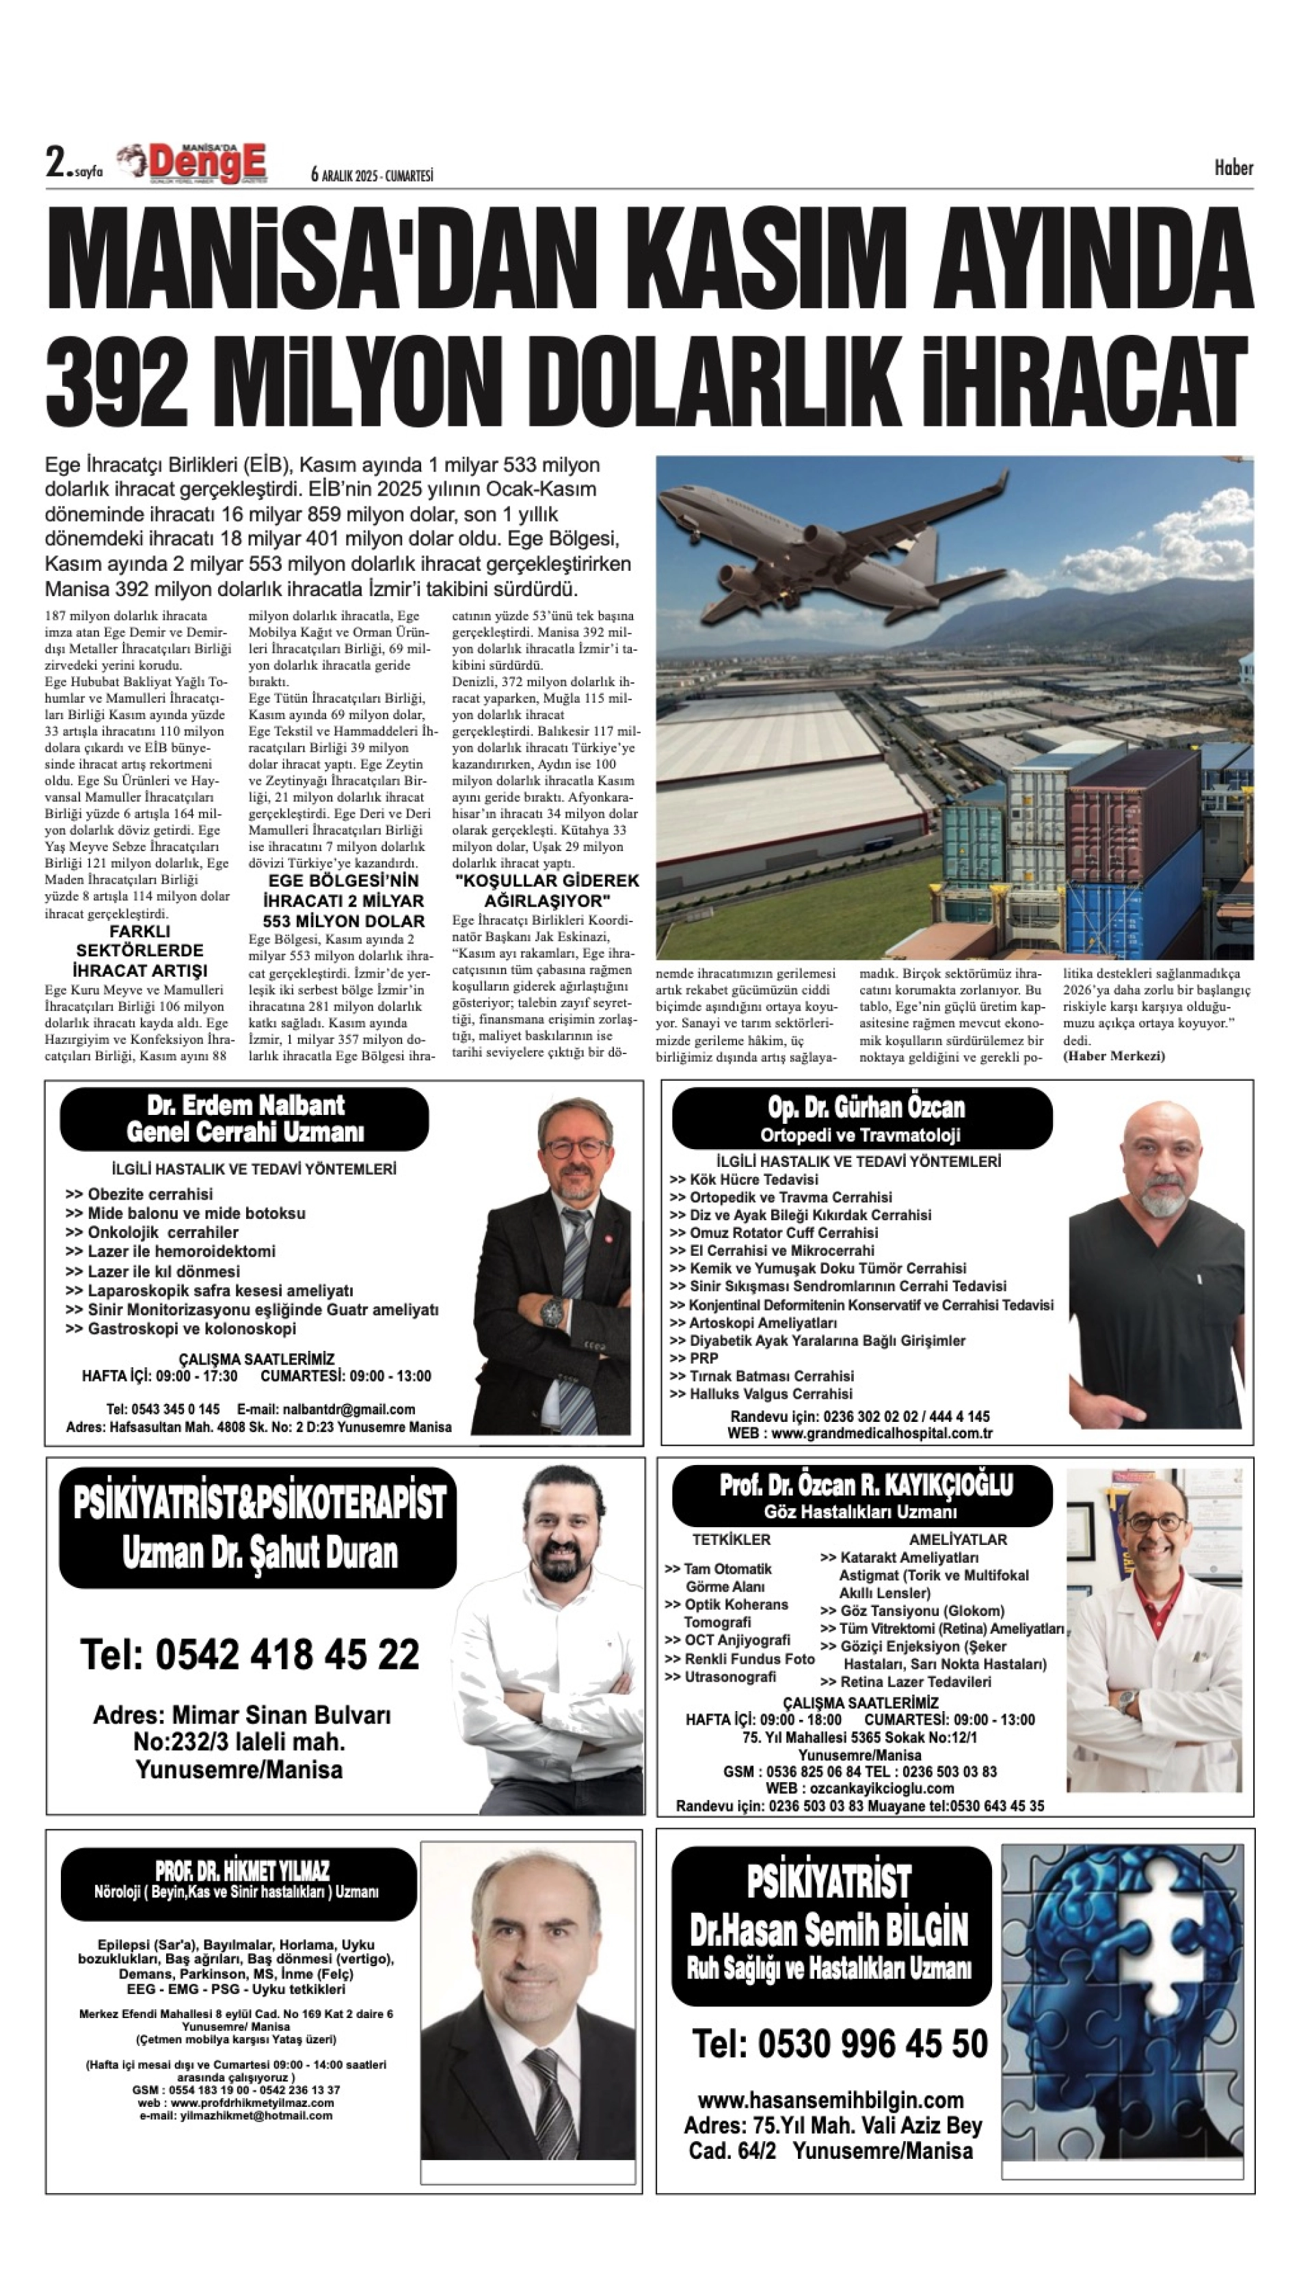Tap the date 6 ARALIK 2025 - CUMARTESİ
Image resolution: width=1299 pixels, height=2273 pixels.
point(372,176)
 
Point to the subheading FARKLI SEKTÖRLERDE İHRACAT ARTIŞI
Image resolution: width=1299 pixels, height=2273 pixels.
point(141,951)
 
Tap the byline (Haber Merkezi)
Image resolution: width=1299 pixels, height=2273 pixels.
point(1114,1056)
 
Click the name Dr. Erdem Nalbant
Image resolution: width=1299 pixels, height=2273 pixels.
point(245,1105)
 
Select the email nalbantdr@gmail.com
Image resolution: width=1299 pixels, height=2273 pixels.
point(327,1410)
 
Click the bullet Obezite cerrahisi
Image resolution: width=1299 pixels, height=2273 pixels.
point(150,1194)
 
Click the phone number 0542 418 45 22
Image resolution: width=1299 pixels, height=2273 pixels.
point(287,1654)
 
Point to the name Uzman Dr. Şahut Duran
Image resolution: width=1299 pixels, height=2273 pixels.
point(260,1553)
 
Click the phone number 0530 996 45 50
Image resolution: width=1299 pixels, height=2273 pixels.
point(872,2043)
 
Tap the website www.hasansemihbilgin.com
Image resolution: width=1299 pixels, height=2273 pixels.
point(830,2100)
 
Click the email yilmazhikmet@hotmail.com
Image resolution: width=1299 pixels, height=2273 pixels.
point(236,2115)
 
